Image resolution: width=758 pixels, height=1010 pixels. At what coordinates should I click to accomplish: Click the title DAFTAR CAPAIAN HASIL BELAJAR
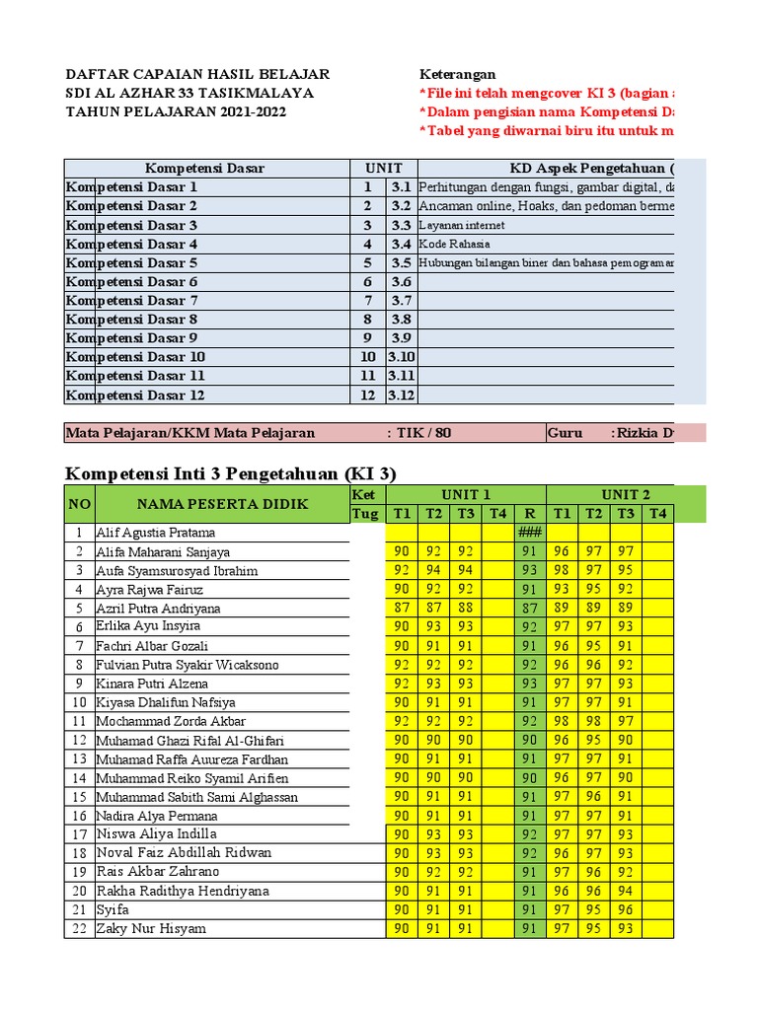pyautogui.click(x=197, y=74)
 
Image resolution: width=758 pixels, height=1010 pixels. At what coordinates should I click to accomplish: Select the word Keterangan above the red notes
pyautogui.click(x=458, y=74)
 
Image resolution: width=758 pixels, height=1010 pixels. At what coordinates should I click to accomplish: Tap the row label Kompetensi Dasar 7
pyautogui.click(x=132, y=300)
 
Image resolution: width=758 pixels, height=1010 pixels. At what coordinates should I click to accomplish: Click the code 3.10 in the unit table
pyautogui.click(x=402, y=357)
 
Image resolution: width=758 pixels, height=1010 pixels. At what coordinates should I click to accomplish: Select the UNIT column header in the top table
pyautogui.click(x=383, y=168)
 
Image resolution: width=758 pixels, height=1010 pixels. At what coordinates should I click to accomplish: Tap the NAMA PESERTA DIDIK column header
pyautogui.click(x=222, y=504)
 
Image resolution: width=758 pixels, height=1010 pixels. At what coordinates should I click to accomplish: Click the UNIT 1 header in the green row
pyautogui.click(x=466, y=494)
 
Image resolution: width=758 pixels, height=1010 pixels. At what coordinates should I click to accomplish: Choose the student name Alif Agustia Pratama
pyautogui.click(x=155, y=533)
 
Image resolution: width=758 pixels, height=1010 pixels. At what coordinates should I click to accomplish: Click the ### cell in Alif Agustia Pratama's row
pyautogui.click(x=530, y=533)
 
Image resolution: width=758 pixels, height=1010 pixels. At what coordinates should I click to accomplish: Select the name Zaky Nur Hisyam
pyautogui.click(x=151, y=928)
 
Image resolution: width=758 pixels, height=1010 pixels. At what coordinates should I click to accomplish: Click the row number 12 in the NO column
pyautogui.click(x=79, y=740)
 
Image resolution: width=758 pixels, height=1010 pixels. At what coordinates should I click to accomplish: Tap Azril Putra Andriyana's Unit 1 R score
pyautogui.click(x=530, y=609)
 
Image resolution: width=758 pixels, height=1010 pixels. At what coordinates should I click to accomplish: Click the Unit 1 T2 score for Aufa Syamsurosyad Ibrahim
pyautogui.click(x=434, y=570)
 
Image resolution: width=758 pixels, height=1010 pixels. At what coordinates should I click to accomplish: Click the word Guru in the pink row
pyautogui.click(x=566, y=432)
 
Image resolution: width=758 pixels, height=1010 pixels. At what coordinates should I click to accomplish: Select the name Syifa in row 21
pyautogui.click(x=112, y=909)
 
